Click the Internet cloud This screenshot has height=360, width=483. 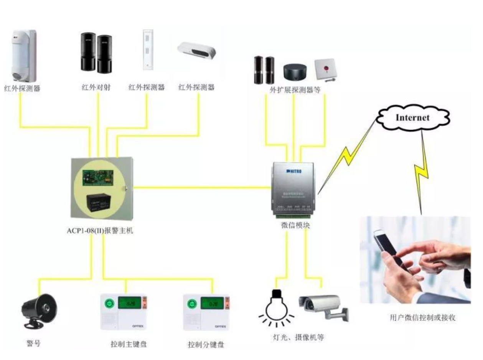tap(412, 117)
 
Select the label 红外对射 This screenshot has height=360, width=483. tap(96, 87)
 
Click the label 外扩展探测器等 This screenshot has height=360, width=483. tap(295, 89)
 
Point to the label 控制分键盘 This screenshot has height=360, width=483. tap(206, 344)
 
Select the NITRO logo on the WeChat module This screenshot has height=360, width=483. tap(294, 171)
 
